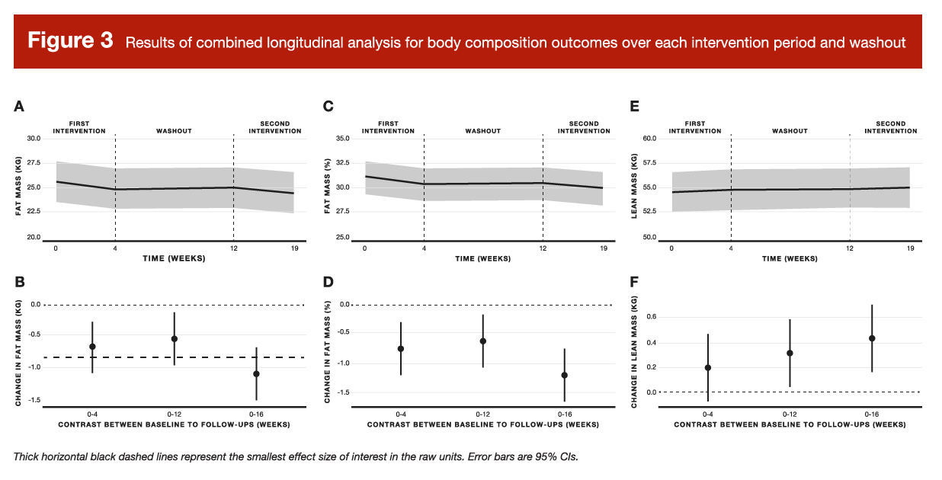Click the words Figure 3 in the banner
click(71, 41)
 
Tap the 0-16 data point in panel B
click(256, 374)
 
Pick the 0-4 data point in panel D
click(401, 348)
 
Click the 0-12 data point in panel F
click(790, 353)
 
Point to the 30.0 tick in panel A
click(34, 139)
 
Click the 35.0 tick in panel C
click(341, 139)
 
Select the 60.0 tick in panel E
click(649, 139)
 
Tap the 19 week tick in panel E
click(908, 248)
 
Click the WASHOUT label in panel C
click(483, 131)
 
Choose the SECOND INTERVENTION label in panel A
click(275, 127)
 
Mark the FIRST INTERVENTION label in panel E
click(695, 127)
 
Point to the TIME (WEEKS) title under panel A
click(175, 258)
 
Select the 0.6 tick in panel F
click(652, 317)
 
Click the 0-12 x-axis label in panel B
click(175, 414)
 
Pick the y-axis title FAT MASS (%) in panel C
click(328, 188)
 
